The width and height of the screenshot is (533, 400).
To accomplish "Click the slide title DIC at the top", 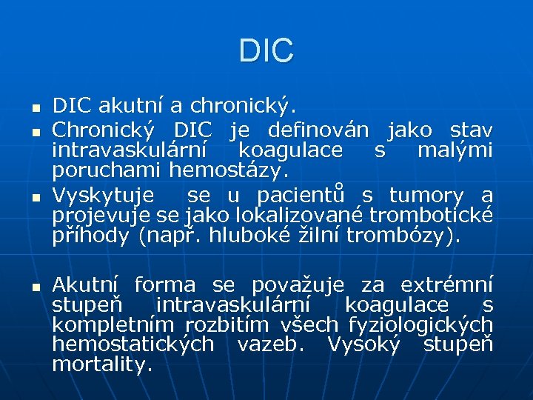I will click(266, 50).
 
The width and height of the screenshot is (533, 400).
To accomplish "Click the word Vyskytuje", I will click(104, 196).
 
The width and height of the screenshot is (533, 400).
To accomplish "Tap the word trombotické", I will click(431, 215).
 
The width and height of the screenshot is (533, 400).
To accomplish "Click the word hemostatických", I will click(133, 344).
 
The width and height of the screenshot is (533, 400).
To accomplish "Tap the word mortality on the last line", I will click(102, 364).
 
